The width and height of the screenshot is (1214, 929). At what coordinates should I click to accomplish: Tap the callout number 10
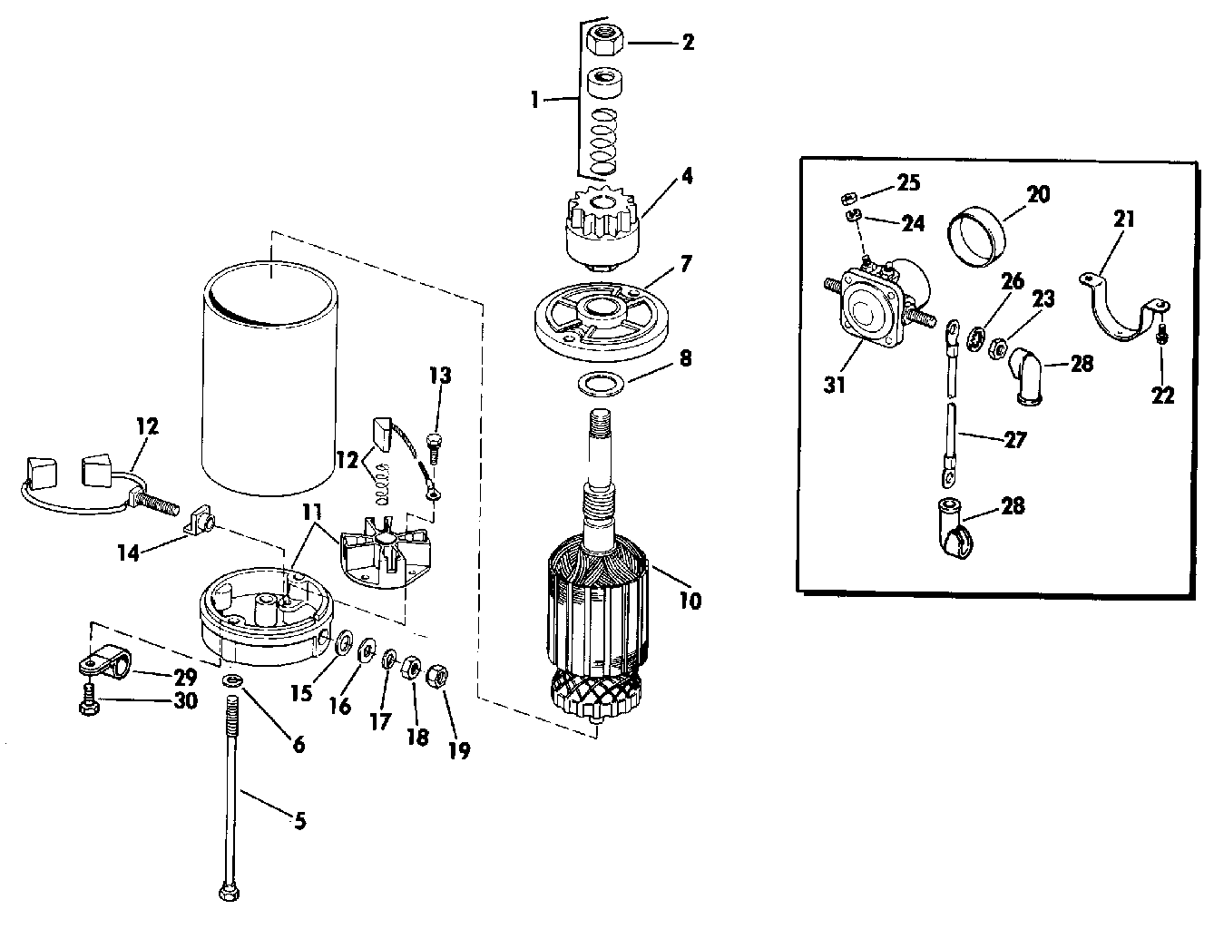(x=690, y=601)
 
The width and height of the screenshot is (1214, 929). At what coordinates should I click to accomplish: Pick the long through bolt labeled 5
(x=233, y=789)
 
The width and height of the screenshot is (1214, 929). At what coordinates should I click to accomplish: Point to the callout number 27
(x=1015, y=440)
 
